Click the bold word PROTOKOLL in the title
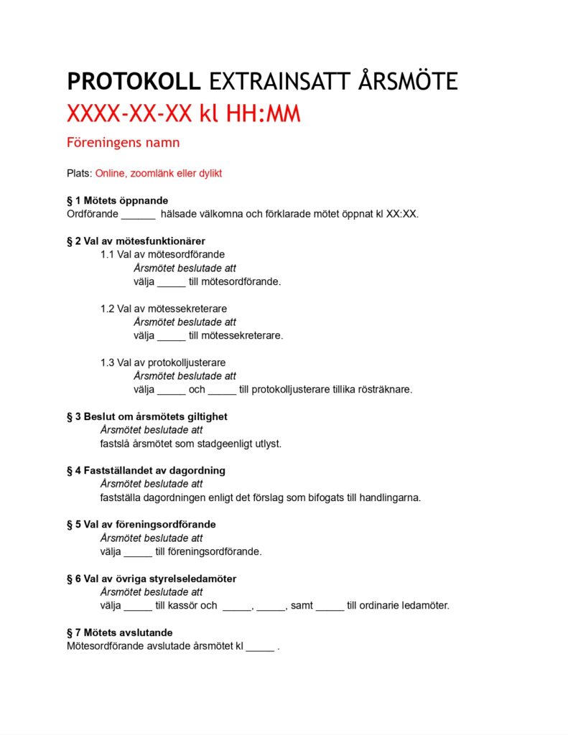(x=134, y=82)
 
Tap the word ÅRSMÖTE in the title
(x=407, y=82)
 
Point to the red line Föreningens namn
(x=123, y=142)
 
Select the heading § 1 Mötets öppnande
(x=117, y=200)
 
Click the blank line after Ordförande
(x=138, y=214)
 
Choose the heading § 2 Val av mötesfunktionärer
(x=136, y=241)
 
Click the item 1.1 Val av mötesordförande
(x=162, y=254)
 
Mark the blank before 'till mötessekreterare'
(x=171, y=336)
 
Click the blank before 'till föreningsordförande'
(x=138, y=552)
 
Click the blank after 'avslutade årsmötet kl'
(x=260, y=646)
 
